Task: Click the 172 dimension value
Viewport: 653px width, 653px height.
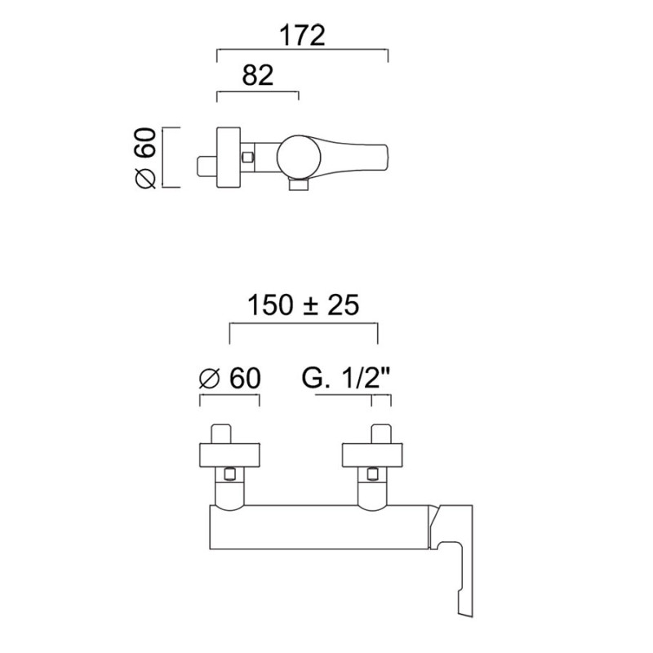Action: click(302, 35)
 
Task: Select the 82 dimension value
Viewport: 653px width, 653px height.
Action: click(258, 75)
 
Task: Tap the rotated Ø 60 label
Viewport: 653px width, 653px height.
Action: click(146, 158)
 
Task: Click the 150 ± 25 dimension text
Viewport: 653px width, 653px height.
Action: click(303, 304)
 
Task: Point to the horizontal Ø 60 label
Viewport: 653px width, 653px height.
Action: click(230, 378)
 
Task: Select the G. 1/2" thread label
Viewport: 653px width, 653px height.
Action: click(345, 378)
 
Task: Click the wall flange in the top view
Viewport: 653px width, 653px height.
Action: click(229, 158)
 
